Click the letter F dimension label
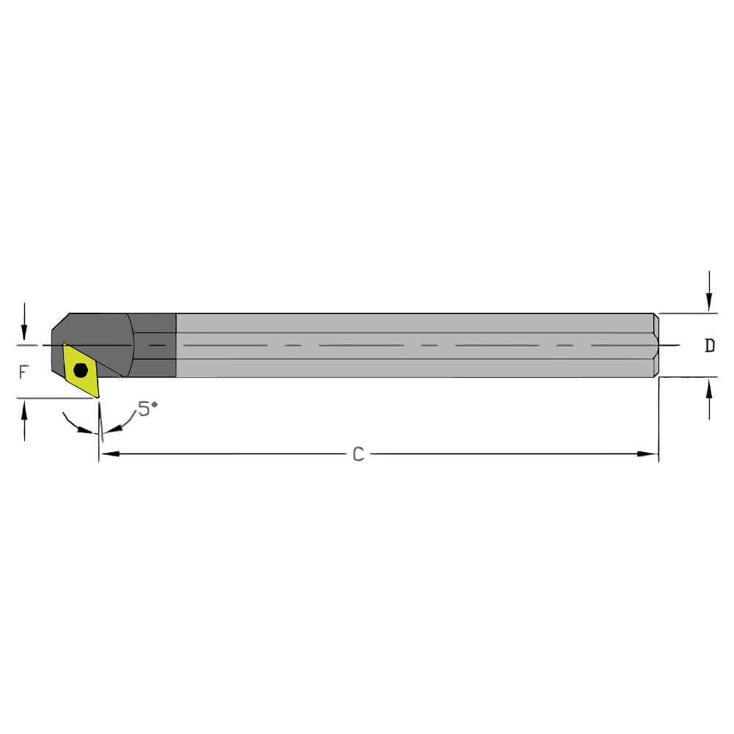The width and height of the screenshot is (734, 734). tap(24, 372)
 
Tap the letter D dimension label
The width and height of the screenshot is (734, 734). tap(709, 346)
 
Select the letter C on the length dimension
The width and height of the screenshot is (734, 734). tap(358, 454)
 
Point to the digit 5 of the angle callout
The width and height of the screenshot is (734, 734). tap(144, 410)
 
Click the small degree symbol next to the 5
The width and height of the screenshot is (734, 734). tap(155, 404)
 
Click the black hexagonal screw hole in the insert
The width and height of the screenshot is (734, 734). tap(81, 370)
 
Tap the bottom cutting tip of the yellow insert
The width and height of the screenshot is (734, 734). tap(97, 397)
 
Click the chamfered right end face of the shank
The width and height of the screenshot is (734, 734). tap(656, 346)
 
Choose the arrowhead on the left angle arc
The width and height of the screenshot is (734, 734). tap(91, 431)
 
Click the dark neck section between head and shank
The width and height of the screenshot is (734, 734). tap(154, 345)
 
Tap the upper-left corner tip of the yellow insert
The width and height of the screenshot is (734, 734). tap(64, 344)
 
